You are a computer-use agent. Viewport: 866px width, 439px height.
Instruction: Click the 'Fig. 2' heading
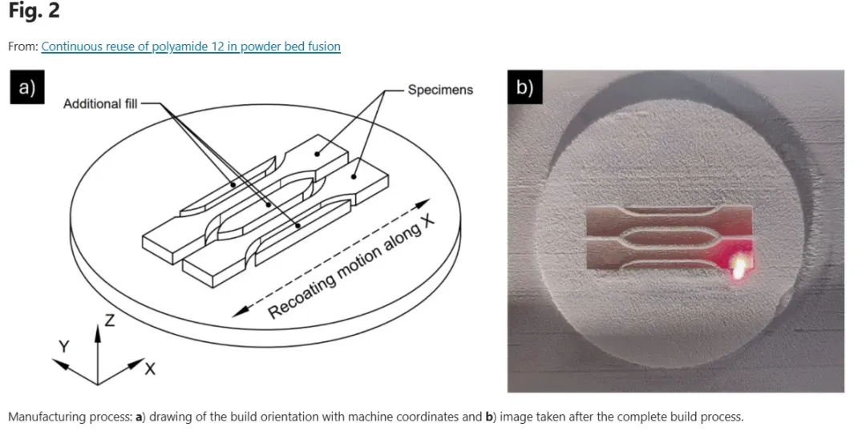point(34,11)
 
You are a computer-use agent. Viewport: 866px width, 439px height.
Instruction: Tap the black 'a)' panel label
point(27,87)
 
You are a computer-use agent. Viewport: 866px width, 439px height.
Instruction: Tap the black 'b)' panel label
point(524,87)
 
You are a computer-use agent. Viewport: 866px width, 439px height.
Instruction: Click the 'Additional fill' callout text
point(100,103)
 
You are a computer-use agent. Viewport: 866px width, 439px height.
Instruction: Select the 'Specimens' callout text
point(440,90)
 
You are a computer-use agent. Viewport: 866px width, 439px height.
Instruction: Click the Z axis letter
point(110,320)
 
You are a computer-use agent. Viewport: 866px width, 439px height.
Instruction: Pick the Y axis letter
point(64,346)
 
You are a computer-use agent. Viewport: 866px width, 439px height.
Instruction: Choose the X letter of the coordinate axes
point(150,369)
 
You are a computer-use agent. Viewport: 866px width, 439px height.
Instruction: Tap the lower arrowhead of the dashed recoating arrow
point(240,312)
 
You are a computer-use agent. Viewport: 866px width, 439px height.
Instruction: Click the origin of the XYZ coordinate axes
point(98,384)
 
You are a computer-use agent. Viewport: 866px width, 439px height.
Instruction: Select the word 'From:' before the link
point(22,46)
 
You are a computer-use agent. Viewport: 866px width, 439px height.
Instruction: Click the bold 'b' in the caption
point(489,417)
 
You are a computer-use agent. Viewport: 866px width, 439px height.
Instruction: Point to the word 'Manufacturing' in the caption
point(43,417)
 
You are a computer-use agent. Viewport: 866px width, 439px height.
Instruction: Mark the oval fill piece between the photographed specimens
point(669,239)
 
